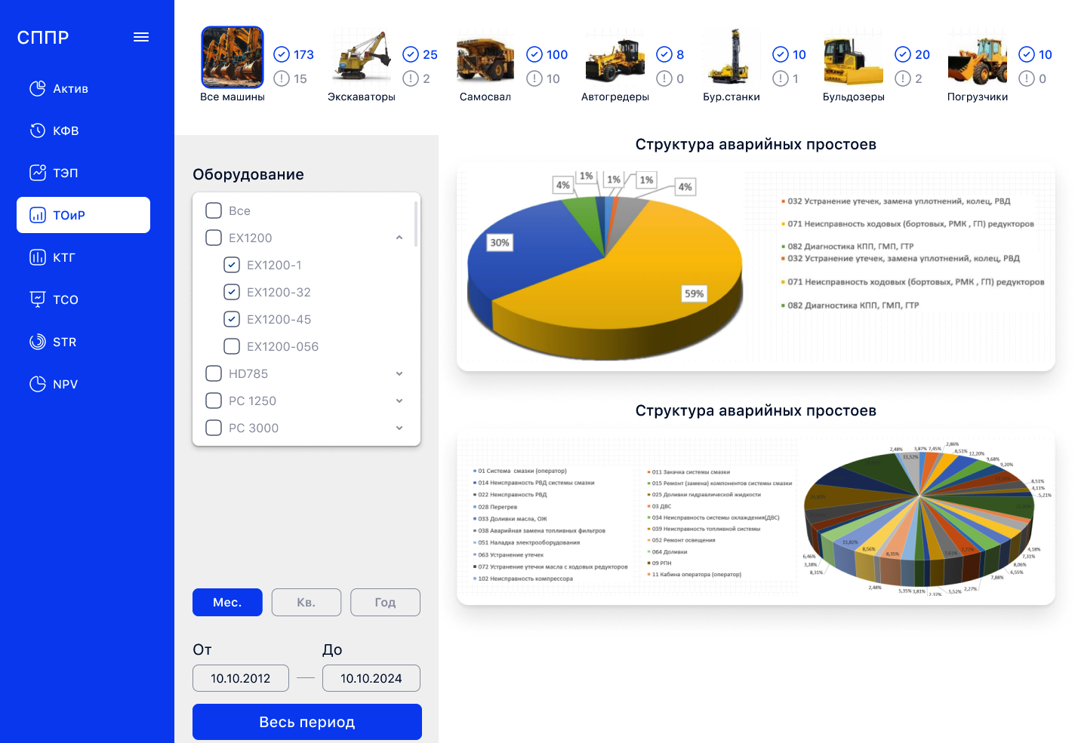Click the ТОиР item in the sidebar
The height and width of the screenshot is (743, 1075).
coord(83,215)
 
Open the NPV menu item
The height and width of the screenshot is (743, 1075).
coord(65,384)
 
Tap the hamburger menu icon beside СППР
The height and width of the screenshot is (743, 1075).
coord(141,37)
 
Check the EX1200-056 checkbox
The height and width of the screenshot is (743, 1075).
coord(232,346)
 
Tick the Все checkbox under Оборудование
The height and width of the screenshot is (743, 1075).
coord(214,210)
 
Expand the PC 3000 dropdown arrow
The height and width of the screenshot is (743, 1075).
coord(399,428)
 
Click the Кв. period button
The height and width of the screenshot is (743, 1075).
coord(306,602)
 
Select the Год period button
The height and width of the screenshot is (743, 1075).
coord(385,602)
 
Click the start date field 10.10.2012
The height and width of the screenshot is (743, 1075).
coord(241,678)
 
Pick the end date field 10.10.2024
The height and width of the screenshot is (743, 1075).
coord(371,678)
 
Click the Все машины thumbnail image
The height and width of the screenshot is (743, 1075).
coord(233,57)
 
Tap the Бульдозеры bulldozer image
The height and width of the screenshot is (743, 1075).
coord(853,60)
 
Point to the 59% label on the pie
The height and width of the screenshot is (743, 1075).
coord(694,293)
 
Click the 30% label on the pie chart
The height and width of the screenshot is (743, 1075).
coord(500,242)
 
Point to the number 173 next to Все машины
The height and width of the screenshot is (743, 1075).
coord(303,54)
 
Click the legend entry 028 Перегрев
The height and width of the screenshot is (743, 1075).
coord(497,507)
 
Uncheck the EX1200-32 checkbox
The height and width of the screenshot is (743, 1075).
coord(232,292)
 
